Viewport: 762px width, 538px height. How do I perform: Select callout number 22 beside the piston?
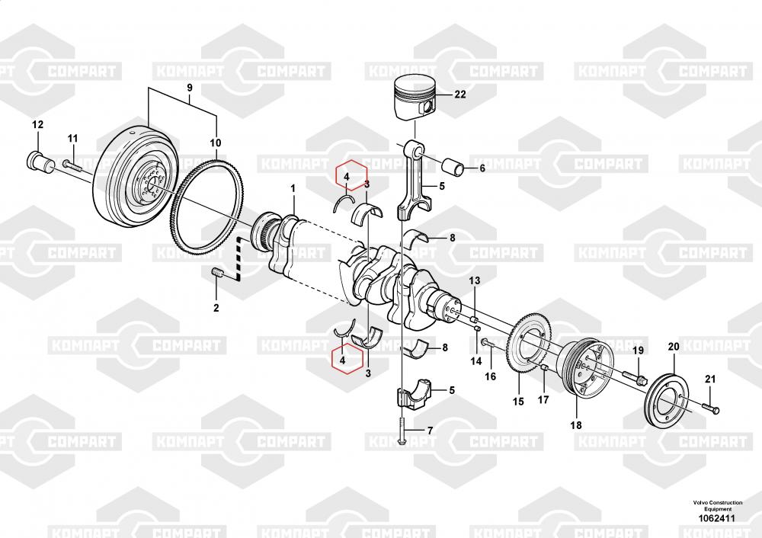(x=459, y=95)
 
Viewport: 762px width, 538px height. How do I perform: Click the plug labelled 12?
(x=38, y=160)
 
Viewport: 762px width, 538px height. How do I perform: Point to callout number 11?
(x=72, y=138)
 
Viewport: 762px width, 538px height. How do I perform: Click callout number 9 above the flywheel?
(x=190, y=88)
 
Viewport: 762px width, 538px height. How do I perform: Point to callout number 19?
(x=638, y=350)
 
